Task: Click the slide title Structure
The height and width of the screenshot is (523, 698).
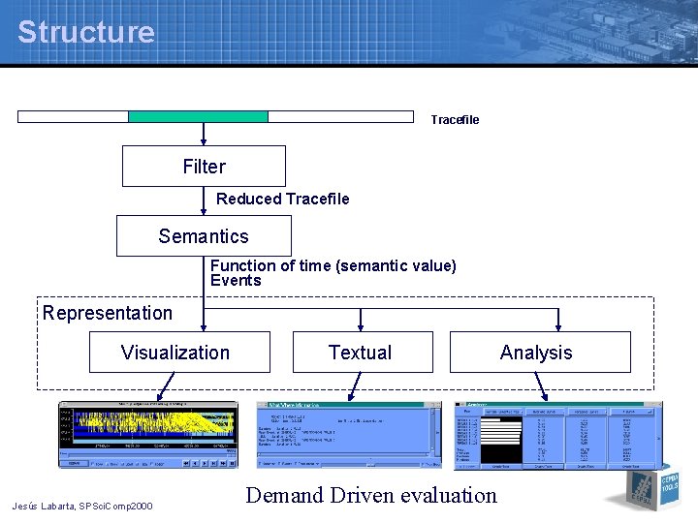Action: pos(85,32)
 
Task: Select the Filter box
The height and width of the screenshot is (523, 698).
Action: pos(204,167)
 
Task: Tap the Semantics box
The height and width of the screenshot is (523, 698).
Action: pos(204,236)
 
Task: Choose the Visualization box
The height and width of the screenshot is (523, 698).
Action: pos(179,353)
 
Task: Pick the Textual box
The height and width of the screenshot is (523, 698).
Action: pos(360,353)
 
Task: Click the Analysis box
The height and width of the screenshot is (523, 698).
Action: pos(539,353)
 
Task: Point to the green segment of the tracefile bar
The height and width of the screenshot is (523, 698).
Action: pos(198,117)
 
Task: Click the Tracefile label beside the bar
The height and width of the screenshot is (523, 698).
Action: pos(455,120)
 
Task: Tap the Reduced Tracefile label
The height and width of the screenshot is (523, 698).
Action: pos(282,199)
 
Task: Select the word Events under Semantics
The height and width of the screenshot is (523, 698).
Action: pos(236,281)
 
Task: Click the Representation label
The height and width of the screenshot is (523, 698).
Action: pos(108,313)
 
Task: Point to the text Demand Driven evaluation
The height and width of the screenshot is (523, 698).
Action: pos(370,495)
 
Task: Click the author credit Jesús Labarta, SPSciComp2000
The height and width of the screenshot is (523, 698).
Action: pos(81,506)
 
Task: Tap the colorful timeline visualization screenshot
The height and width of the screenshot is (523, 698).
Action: pos(147,435)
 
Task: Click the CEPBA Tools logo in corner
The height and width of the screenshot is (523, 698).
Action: pos(649,488)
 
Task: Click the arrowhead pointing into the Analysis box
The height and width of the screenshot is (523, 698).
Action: pos(558,326)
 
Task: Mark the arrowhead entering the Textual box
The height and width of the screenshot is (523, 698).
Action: pos(360,326)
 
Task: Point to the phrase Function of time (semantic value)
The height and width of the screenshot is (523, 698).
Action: pos(333,265)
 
